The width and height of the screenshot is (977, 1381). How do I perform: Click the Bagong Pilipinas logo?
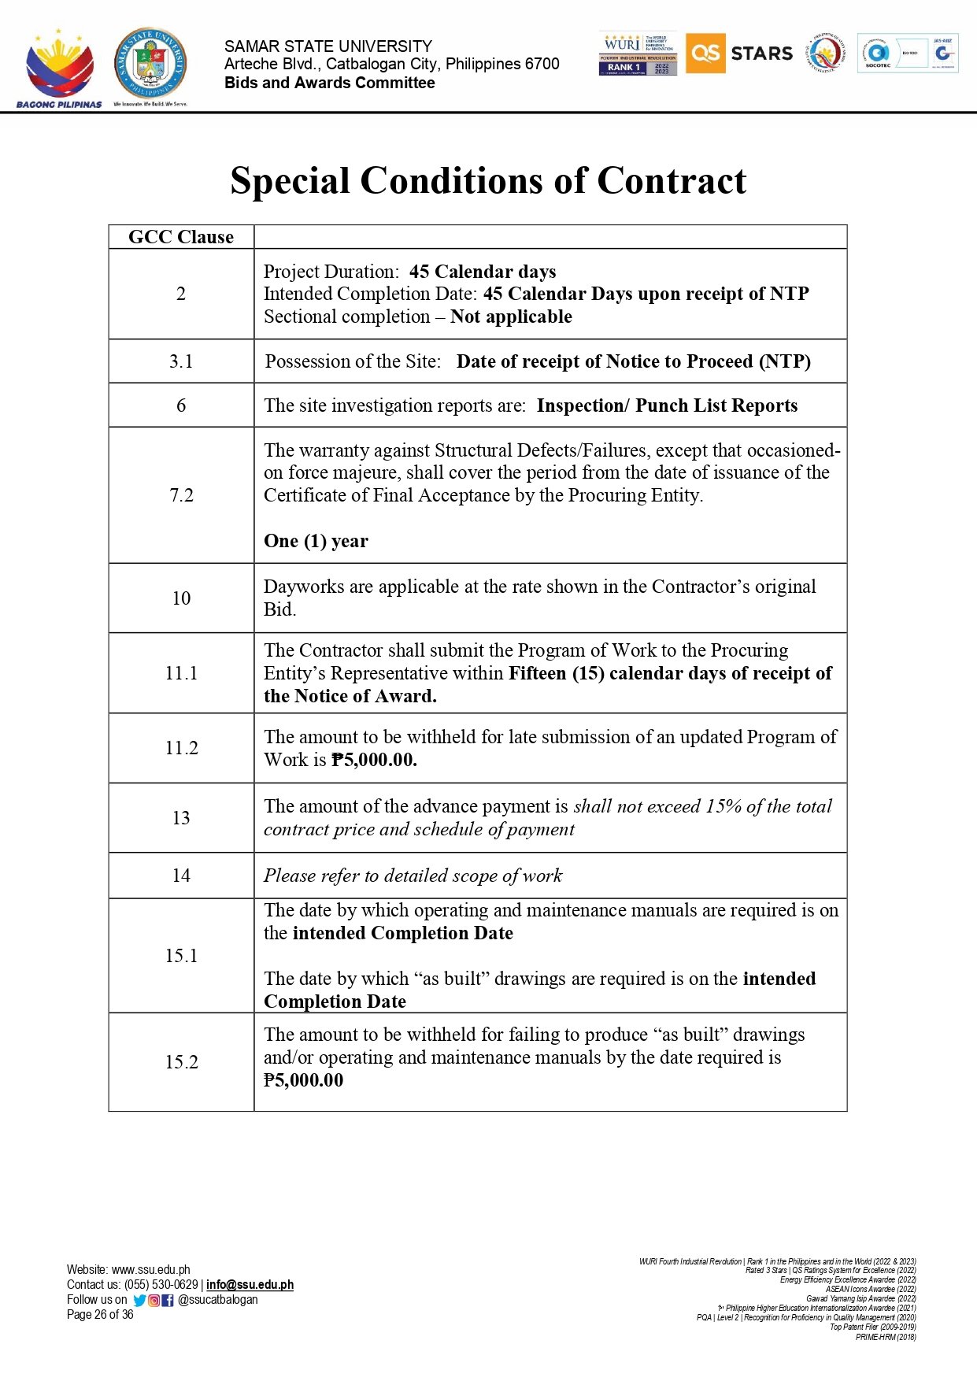tap(59, 68)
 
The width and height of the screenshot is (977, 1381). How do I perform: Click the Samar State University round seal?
tap(150, 65)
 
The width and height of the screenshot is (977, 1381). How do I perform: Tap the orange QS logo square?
tap(705, 54)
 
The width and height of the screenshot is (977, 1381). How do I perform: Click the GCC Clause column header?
tap(181, 237)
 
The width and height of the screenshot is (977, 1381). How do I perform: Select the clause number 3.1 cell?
tap(181, 361)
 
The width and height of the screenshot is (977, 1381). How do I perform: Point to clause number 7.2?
tap(181, 495)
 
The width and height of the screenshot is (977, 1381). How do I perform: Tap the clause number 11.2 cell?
tap(181, 748)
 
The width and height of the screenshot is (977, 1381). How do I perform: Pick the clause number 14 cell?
tap(181, 876)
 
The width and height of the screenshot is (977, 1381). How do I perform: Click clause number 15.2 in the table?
tap(181, 1062)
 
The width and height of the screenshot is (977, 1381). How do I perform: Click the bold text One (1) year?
tap(316, 541)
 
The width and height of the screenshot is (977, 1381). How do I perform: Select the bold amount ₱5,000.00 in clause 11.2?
tap(374, 760)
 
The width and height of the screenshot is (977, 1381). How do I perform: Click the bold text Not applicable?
tap(511, 317)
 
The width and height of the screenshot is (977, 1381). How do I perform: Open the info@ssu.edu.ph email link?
tap(250, 1285)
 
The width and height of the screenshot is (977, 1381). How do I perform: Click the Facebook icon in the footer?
tap(168, 1301)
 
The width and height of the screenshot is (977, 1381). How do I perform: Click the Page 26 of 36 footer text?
tap(100, 1315)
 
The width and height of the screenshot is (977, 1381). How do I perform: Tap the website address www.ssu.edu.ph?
tap(150, 1270)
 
